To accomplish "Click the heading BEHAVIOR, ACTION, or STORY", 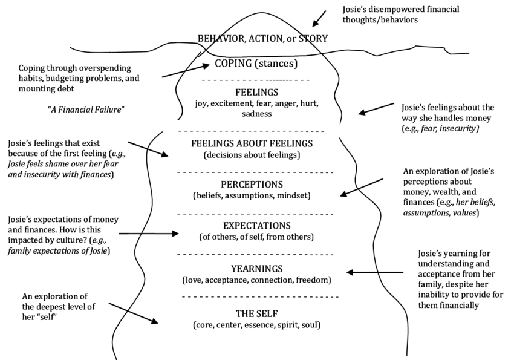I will [262, 39].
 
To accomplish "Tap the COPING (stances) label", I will [256, 63].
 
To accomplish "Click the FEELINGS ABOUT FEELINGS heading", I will [252, 143].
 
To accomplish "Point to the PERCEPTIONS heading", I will [252, 184].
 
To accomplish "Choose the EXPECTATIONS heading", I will [252, 224].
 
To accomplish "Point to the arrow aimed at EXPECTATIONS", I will [149, 233].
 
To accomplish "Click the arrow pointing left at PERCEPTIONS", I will [361, 187].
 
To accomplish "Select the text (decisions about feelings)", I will [252, 155].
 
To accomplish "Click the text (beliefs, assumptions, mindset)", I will [252, 196].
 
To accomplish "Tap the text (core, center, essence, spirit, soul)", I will [256, 325].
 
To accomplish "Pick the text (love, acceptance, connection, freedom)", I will [256, 280].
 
